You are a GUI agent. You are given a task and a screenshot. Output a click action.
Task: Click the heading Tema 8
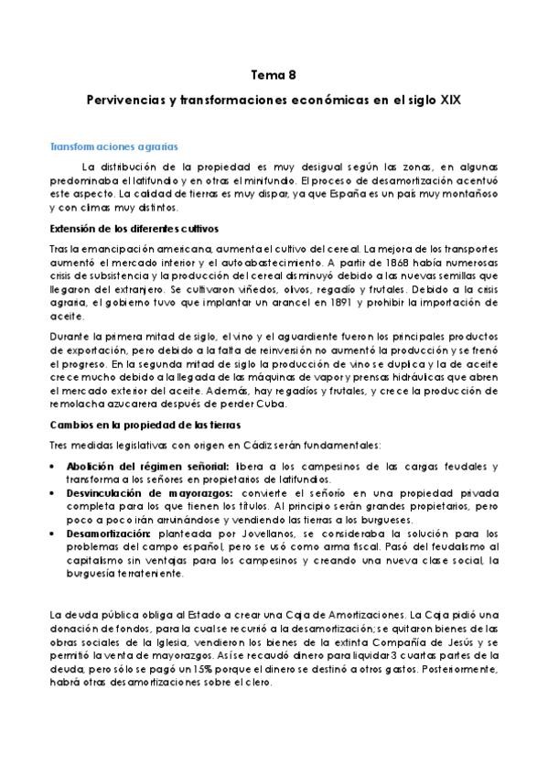point(274,79)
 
